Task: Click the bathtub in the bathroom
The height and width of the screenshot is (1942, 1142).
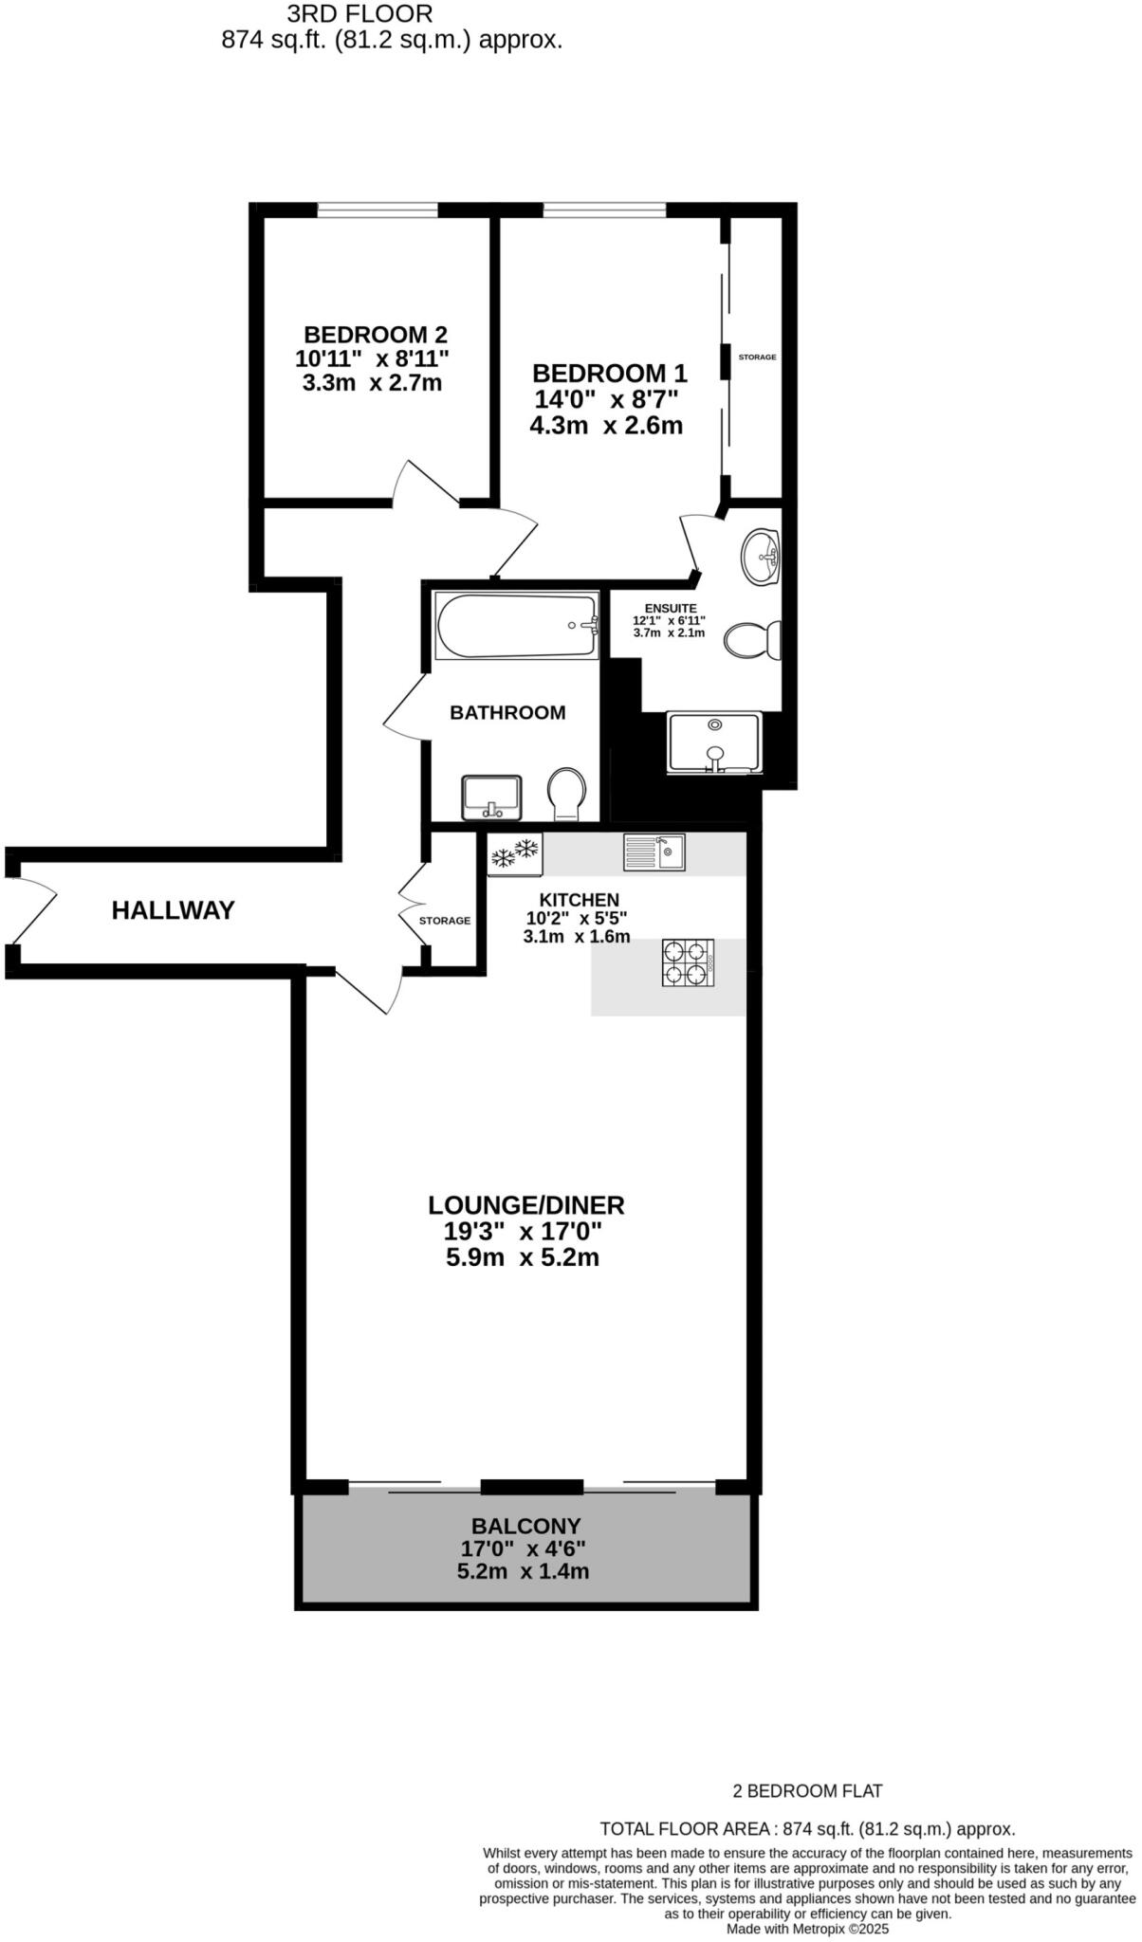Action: pos(517,626)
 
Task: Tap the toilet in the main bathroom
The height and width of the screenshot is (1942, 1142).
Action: pos(567,794)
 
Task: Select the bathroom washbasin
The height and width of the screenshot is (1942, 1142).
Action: pos(491,797)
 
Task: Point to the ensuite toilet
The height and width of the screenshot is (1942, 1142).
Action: pos(752,640)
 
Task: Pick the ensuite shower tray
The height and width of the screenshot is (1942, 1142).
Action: pos(715,742)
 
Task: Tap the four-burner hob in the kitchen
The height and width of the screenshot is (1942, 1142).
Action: pos(688,962)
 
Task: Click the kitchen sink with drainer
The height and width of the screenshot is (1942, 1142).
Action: pos(654,851)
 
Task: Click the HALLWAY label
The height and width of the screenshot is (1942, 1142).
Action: pos(173,910)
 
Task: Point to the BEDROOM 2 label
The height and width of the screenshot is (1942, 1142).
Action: pos(376,335)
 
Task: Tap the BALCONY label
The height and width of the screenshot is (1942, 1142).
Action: pos(525,1526)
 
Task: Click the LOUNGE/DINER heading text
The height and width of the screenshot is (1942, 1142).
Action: pos(525,1205)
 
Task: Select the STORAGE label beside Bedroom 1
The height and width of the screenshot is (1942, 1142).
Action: pos(757,357)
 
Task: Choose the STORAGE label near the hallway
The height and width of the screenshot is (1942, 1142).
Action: pos(445,921)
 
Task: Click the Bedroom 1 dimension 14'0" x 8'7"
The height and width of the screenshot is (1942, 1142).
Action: pos(607,399)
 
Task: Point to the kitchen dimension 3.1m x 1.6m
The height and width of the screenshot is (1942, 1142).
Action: pos(577,937)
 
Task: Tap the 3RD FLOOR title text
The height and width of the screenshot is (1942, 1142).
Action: pos(359,14)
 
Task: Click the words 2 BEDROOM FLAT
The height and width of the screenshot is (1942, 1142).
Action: pos(807,1791)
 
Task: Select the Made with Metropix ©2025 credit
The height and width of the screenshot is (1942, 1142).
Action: pos(807,1929)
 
